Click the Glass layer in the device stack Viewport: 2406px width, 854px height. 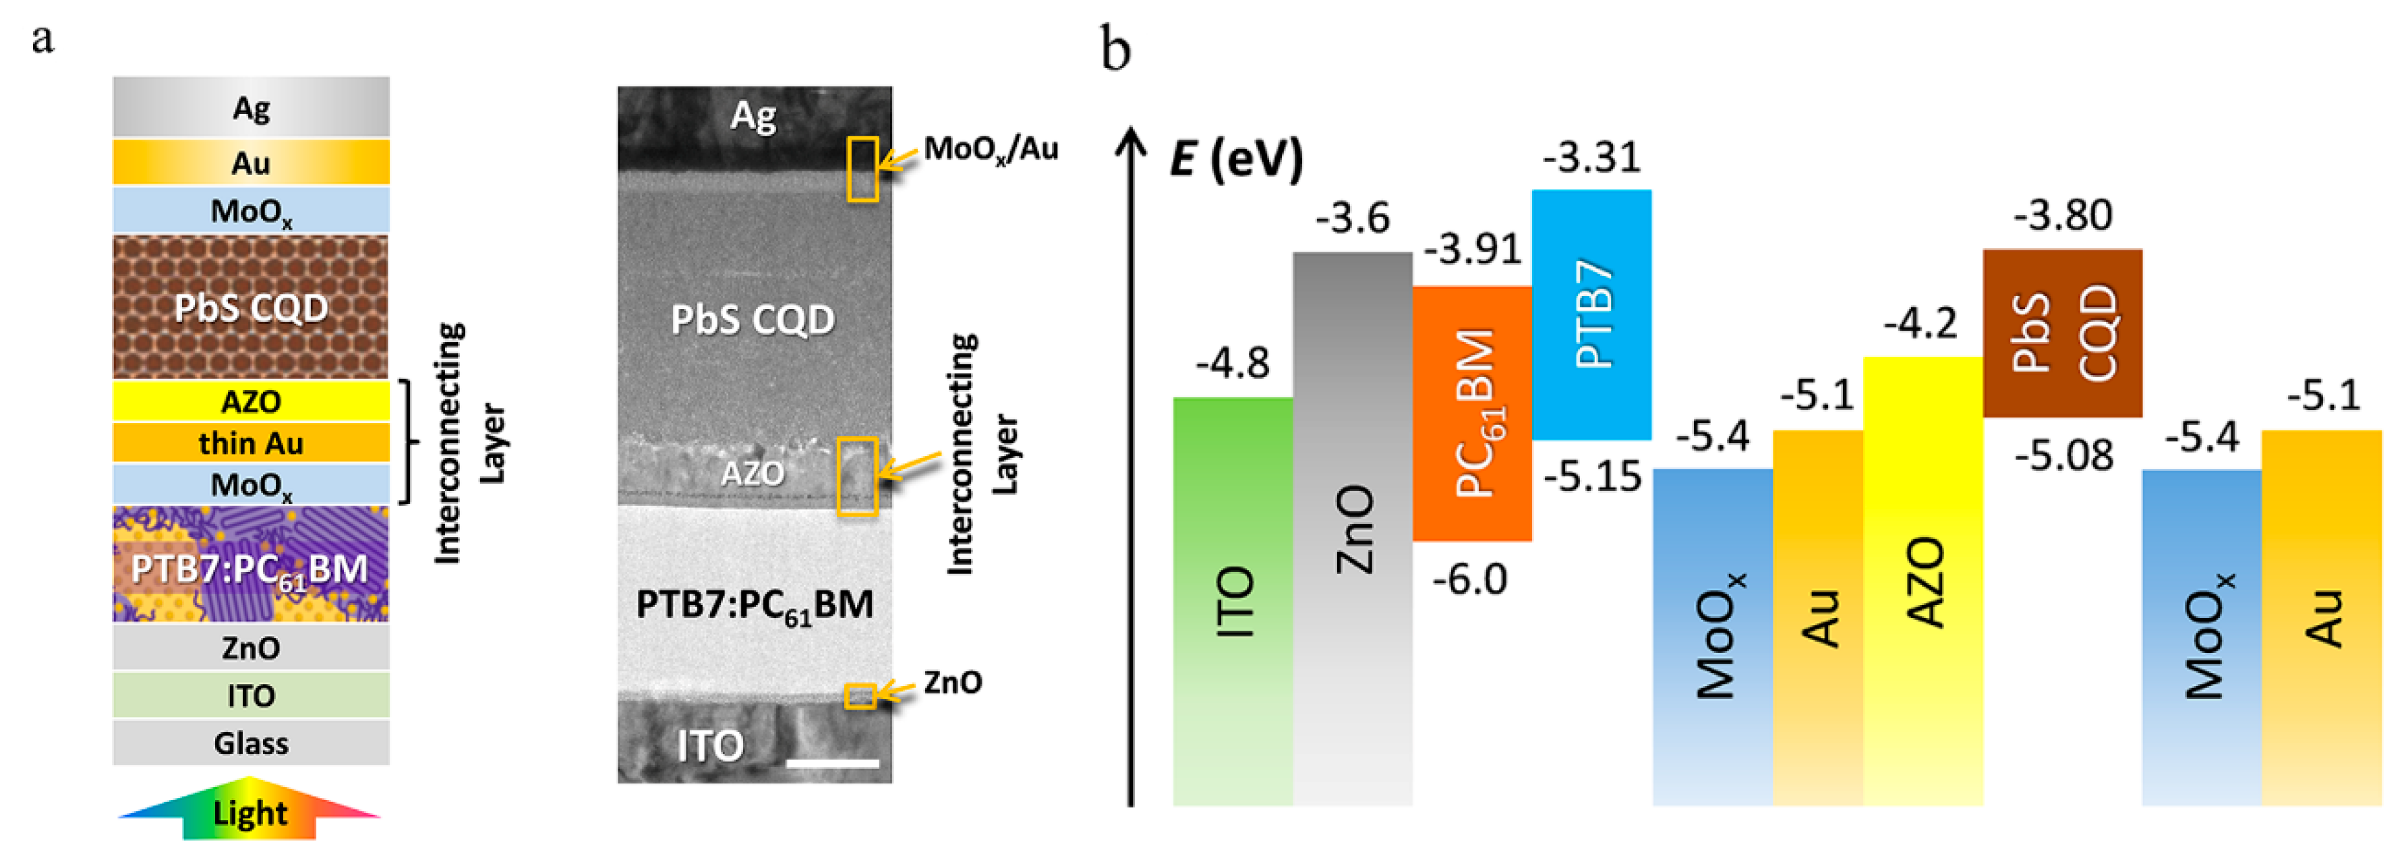(x=250, y=743)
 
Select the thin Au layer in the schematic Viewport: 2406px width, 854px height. (x=250, y=443)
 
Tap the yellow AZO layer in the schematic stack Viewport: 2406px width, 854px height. (x=250, y=401)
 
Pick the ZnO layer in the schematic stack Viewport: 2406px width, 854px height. (x=250, y=648)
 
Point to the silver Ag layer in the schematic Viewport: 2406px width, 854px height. (x=250, y=107)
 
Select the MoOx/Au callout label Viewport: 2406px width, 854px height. (x=990, y=148)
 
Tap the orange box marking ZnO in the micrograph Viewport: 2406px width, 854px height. (x=860, y=696)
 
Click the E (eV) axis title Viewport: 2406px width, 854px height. (x=1235, y=159)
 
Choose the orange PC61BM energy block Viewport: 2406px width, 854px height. (x=1472, y=413)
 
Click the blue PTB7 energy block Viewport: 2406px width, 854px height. (x=1591, y=314)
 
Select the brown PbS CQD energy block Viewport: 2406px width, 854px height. (x=2062, y=333)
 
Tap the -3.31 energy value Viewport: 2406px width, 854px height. (x=1591, y=157)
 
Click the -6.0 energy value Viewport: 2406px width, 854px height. (x=1470, y=580)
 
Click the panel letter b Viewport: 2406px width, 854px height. (x=1115, y=49)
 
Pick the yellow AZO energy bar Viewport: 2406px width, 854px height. (x=1923, y=580)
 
